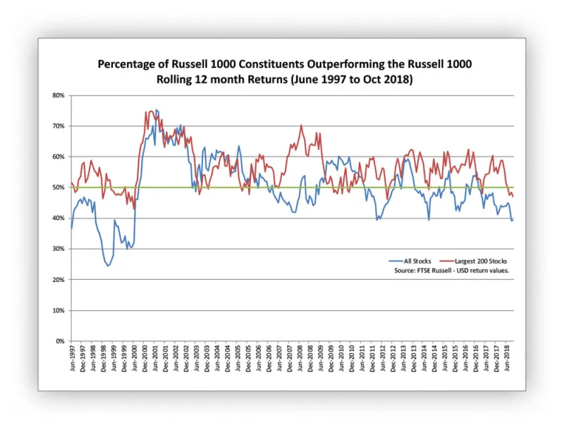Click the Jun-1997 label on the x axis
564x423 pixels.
72,357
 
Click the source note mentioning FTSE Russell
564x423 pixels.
450,271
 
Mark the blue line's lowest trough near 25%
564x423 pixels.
108,266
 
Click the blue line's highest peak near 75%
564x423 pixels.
156,110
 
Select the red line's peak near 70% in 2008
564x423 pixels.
301,125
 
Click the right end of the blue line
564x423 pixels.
513,219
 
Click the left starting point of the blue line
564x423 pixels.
71,228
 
